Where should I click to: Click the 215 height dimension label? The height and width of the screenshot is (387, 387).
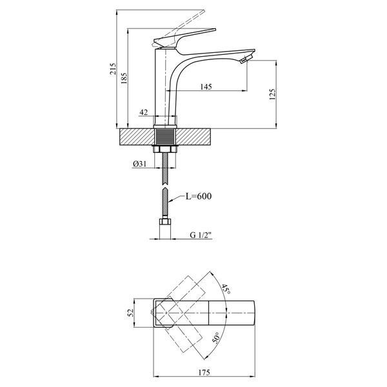point(112,69)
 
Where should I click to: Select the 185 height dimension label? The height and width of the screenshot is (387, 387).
point(124,78)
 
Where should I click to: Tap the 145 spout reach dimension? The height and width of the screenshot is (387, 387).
point(206,86)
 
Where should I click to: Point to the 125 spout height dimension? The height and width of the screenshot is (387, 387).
point(272,94)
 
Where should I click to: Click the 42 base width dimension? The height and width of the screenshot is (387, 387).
point(144,112)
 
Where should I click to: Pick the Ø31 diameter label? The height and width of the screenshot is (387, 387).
point(140,164)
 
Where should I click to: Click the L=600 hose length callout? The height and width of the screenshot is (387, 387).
point(199,196)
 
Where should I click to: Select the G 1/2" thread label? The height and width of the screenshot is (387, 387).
point(201,235)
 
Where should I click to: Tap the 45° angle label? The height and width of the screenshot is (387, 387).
point(226,289)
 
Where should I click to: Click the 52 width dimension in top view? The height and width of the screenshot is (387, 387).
point(131,313)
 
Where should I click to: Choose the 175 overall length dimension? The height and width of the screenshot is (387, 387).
point(204,372)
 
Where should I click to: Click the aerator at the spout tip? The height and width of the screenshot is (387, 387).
point(246,59)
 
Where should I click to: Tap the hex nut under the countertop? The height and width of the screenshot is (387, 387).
point(165,150)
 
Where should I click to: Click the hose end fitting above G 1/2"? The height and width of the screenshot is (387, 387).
point(165,221)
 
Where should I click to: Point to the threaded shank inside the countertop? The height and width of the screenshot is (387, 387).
point(165,137)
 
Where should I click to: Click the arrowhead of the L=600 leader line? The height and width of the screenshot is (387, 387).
point(169,201)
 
